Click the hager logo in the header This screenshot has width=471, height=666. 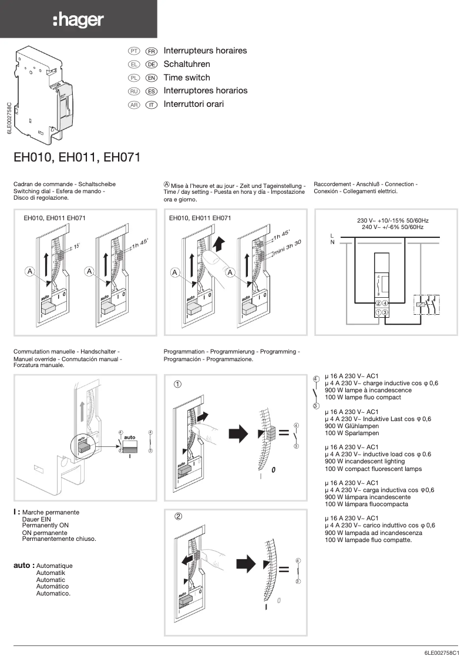pos(78,21)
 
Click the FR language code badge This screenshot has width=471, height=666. pos(151,51)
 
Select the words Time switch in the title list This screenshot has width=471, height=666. pos(186,78)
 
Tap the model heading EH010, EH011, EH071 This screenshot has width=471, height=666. pos(76,157)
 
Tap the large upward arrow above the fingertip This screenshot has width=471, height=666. pos(219,242)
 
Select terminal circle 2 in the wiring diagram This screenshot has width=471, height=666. pos(378,303)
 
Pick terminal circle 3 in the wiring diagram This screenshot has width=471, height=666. pos(385,312)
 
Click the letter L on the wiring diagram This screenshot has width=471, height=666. pos(332,236)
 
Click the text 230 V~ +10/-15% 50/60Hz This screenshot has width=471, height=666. pos(392,220)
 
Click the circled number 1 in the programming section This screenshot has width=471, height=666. pos(177,385)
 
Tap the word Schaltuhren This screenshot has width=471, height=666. pos(186,64)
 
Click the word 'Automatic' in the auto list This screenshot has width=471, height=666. pos(51,580)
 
